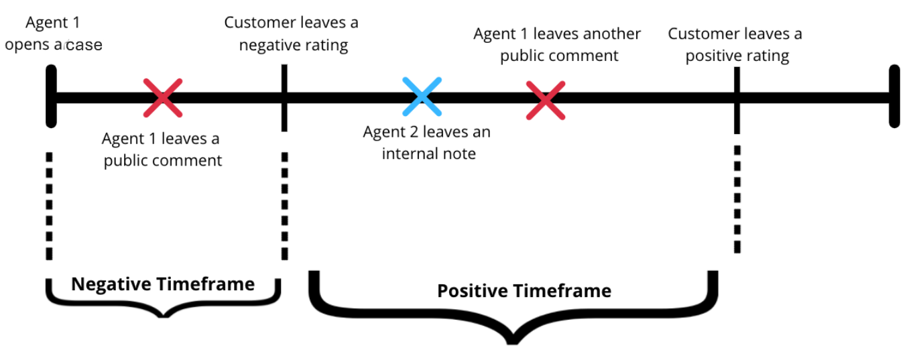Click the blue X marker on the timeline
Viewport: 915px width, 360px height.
[422, 97]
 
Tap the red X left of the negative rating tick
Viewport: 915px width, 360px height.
[163, 98]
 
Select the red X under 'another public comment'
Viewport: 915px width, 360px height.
[546, 101]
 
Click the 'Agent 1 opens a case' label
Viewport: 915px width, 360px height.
[54, 34]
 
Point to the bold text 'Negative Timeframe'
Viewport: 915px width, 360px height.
[163, 284]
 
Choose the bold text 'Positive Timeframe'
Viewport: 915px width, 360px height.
[524, 291]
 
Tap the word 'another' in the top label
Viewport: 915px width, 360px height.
[587, 34]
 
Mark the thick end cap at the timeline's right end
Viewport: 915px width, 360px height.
[895, 96]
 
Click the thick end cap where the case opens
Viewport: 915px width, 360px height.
[51, 96]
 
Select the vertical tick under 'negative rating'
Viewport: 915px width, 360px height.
[285, 98]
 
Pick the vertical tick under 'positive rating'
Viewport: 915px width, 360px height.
[737, 101]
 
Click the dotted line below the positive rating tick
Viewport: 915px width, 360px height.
[737, 199]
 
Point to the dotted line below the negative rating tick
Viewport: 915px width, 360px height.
[285, 206]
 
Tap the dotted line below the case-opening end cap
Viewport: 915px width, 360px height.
[50, 206]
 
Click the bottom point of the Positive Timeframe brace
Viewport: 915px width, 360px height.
[513, 343]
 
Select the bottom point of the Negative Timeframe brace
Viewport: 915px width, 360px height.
[164, 316]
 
